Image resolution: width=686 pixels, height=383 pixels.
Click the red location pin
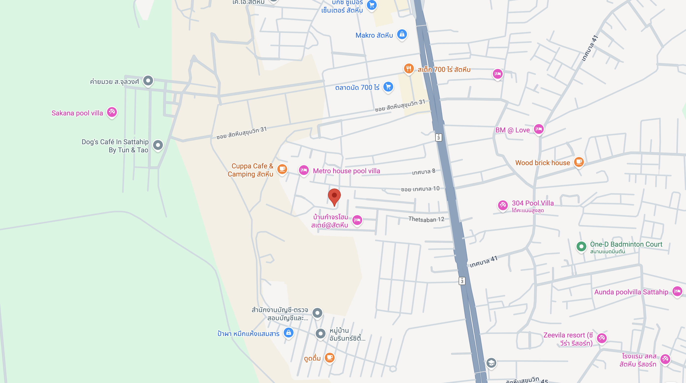click(x=334, y=196)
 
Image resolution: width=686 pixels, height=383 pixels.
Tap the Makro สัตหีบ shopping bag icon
click(x=402, y=34)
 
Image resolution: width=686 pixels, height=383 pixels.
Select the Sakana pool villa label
click(x=77, y=113)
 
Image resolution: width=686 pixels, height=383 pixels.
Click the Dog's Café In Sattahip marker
click(x=158, y=145)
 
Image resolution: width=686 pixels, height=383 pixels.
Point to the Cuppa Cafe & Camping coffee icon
click(x=282, y=169)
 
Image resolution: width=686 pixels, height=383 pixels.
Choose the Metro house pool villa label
click(x=346, y=171)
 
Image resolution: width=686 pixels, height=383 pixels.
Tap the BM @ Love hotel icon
click(x=539, y=129)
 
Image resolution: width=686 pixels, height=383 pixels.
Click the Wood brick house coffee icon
click(x=579, y=162)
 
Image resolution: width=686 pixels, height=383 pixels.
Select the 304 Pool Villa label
click(x=533, y=203)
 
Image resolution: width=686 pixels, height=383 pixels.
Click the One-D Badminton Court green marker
click(x=581, y=246)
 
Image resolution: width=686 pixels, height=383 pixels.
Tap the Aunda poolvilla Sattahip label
click(x=631, y=292)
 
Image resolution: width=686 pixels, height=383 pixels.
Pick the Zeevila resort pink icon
click(x=602, y=338)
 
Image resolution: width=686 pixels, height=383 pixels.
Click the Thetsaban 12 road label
click(x=426, y=220)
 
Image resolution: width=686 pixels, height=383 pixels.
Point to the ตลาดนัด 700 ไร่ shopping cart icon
click(x=388, y=87)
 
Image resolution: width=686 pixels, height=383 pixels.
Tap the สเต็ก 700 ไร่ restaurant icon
click(x=408, y=69)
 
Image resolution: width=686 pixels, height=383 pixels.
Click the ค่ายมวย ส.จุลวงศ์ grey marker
click(x=148, y=80)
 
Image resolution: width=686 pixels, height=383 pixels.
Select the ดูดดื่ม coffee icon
click(x=330, y=357)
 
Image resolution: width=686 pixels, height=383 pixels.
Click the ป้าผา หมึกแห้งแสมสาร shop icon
click(x=288, y=333)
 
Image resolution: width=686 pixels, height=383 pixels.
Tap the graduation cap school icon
click(x=491, y=363)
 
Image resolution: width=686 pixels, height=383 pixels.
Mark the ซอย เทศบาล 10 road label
click(x=420, y=189)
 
